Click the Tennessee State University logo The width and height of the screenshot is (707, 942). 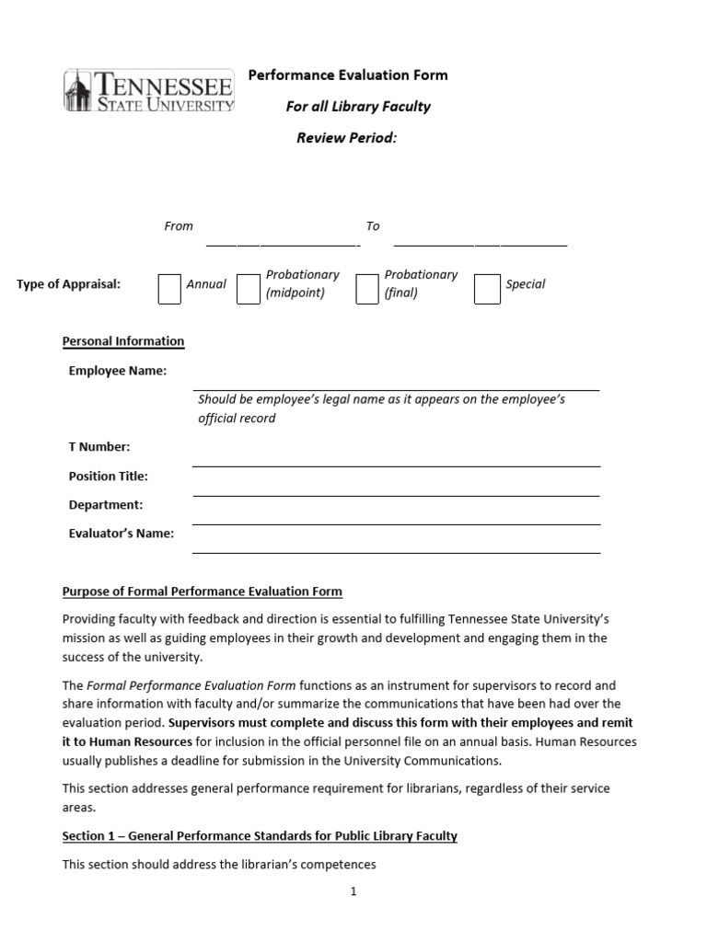coord(148,92)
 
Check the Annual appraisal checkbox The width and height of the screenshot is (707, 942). coord(169,288)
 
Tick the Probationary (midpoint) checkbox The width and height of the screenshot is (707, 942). coord(248,288)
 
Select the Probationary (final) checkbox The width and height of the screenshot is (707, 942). coord(366,288)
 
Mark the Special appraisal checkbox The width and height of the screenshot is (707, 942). coord(487,288)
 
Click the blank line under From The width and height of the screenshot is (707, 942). coord(282,244)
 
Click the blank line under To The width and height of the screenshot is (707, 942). coord(480,244)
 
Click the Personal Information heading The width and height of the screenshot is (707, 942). coord(123,341)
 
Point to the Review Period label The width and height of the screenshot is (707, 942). coord(346,138)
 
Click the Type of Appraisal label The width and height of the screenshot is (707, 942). coord(68,284)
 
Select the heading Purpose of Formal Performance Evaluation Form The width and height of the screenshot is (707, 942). coord(202,592)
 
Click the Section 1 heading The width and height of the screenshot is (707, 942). coord(260,836)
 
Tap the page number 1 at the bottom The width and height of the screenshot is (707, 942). coord(353,891)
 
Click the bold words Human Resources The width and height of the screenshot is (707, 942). coord(140,741)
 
